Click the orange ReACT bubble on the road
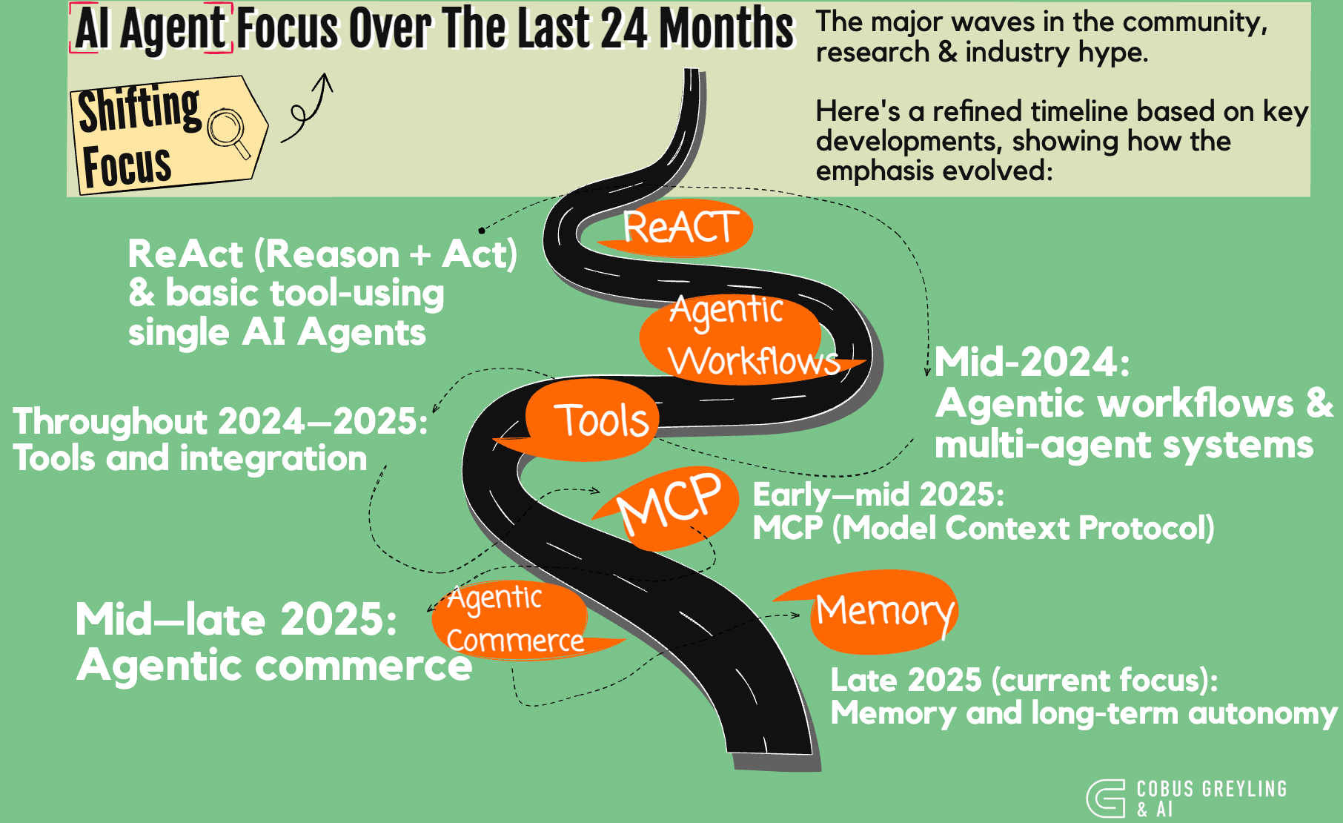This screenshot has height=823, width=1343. tap(678, 228)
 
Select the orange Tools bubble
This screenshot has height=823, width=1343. tap(593, 420)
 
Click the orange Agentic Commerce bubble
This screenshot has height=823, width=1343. tap(511, 620)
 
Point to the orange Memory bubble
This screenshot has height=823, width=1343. tap(882, 612)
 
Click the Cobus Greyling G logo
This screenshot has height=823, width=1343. tap(1106, 799)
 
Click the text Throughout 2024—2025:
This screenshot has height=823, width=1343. tap(220, 421)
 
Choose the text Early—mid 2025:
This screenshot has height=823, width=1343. tap(878, 495)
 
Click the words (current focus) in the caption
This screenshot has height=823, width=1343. tap(1104, 680)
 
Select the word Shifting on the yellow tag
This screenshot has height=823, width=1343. tap(139, 109)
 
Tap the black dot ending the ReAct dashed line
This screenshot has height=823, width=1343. tap(482, 231)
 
